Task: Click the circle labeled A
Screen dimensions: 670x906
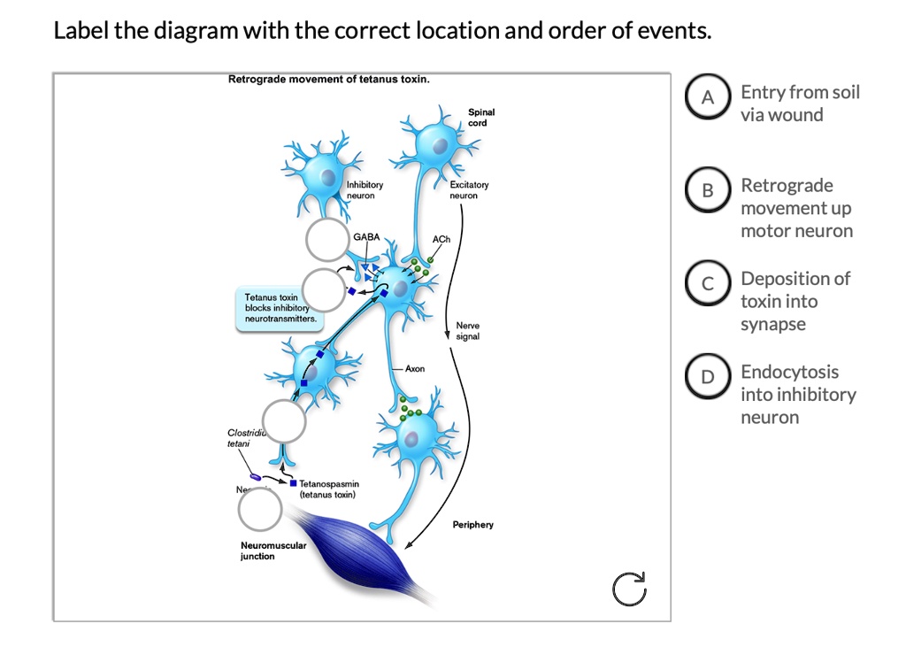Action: point(707,99)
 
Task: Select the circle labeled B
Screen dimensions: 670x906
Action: point(707,191)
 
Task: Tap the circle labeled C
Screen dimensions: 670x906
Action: point(707,284)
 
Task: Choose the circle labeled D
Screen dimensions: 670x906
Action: point(707,378)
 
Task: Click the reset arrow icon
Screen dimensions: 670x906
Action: point(629,589)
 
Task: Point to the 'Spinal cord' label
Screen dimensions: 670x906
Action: point(481,118)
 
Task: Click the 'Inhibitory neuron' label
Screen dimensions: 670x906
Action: point(365,189)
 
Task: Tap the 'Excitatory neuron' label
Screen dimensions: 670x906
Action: point(468,189)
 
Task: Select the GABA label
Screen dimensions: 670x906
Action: point(366,237)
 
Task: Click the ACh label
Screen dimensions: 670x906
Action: point(441,240)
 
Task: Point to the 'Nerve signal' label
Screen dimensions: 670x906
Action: point(467,331)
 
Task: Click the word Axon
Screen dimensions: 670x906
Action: point(415,367)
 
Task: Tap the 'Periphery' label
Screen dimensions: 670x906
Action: point(472,525)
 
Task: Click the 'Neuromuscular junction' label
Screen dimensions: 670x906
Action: point(273,551)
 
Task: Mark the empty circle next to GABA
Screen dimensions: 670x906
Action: point(327,240)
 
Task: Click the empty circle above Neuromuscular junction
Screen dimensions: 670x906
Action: point(260,510)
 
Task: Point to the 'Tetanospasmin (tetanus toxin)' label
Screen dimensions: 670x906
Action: point(328,489)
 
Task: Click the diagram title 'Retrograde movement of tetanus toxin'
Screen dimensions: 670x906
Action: point(329,80)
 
